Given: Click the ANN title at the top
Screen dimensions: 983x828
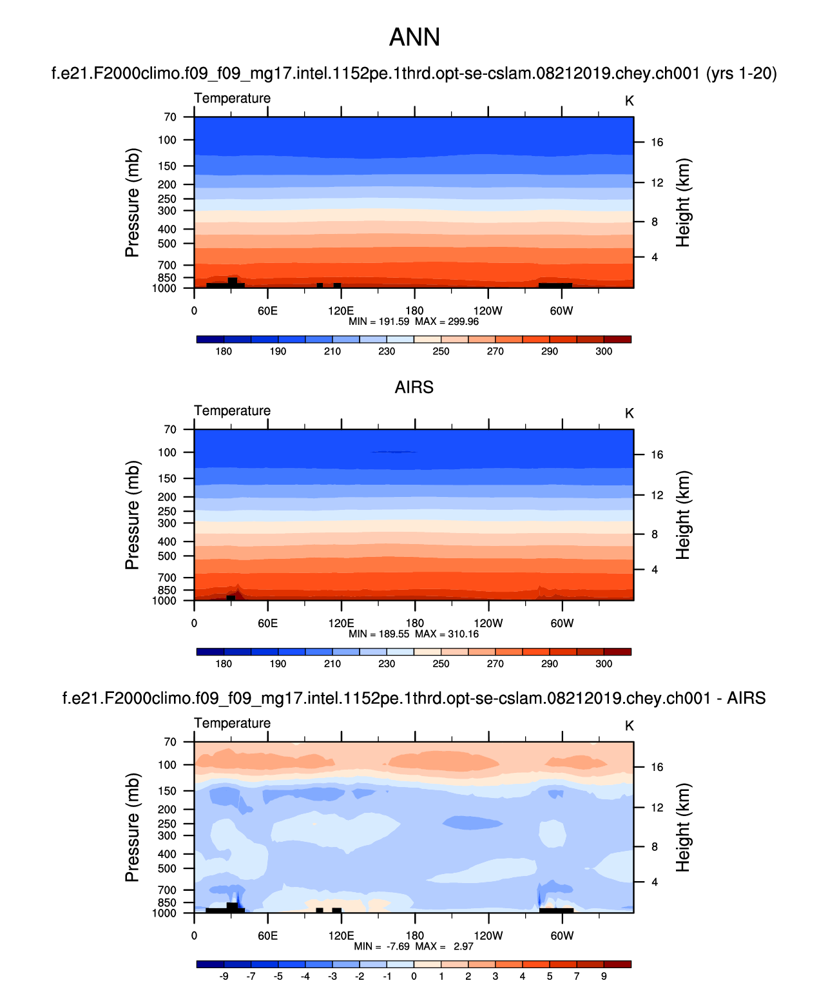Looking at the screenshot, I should click(414, 37).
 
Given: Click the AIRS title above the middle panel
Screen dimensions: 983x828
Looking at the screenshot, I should click(414, 387).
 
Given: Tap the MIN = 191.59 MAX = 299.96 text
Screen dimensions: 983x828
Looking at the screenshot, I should click(414, 322).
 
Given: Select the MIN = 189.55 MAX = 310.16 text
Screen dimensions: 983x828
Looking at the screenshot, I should click(414, 634).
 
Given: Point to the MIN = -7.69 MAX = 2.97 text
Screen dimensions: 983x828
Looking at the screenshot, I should click(414, 946).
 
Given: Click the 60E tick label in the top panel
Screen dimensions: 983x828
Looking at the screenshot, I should click(267, 311).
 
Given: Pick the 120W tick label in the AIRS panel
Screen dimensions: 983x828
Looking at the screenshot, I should click(488, 623).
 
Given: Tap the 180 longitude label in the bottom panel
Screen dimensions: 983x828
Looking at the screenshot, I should click(414, 935).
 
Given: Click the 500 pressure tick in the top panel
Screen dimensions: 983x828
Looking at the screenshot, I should click(167, 244).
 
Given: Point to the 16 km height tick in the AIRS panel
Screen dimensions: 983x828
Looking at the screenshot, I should click(657, 455).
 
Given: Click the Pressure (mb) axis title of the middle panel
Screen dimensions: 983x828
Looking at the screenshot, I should click(132, 515).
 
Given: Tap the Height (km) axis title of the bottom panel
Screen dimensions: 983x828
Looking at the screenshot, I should click(683, 828).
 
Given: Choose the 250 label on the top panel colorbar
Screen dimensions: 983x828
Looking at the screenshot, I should click(441, 351).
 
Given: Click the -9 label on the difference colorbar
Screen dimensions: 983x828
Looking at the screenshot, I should click(224, 976).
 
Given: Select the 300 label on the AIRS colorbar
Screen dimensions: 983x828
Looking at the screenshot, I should click(604, 664).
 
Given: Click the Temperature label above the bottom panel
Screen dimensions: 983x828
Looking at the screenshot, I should click(232, 723).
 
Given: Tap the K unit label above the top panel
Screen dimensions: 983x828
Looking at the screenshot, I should click(630, 101).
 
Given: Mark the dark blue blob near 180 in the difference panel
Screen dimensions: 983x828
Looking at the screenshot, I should click(472, 822).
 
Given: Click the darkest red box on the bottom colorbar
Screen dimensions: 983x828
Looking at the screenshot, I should click(617, 964).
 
